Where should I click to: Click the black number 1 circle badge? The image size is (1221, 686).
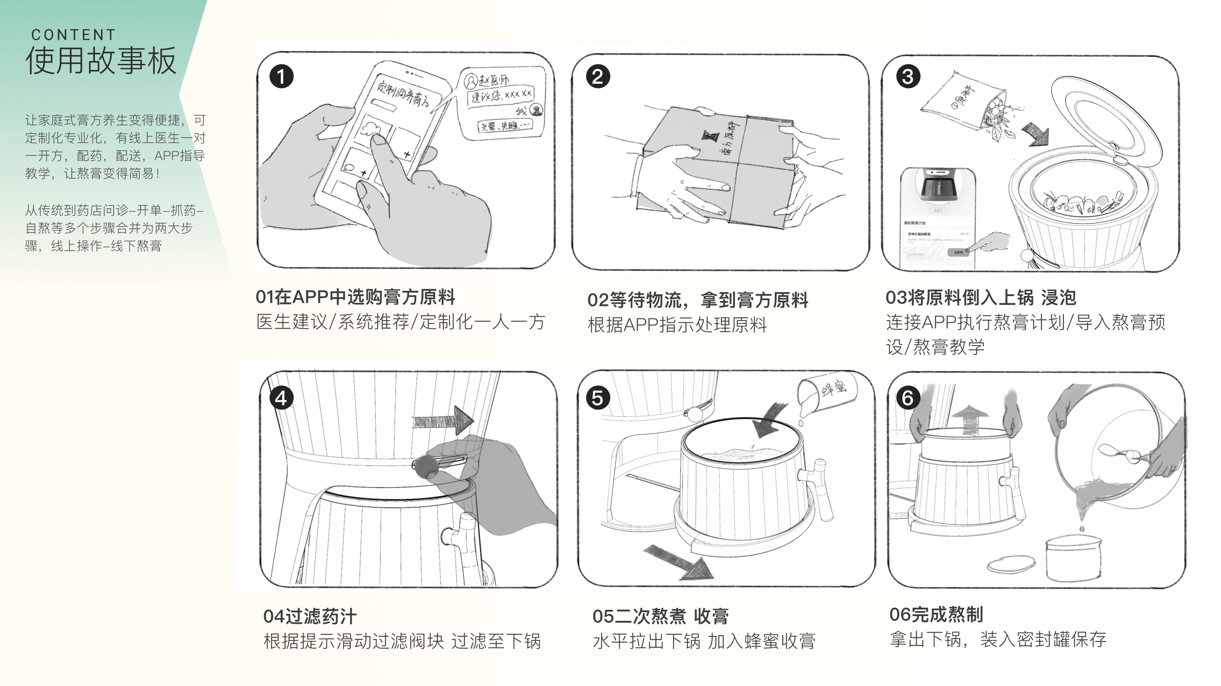(x=281, y=77)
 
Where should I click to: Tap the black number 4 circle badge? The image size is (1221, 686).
(x=281, y=398)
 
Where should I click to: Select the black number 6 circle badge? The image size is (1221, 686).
(x=908, y=398)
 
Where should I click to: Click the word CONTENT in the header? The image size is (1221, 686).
(x=73, y=35)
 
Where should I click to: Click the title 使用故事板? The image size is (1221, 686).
(x=101, y=61)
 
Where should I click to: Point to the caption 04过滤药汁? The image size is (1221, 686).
(x=309, y=617)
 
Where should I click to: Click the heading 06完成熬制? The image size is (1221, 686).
(x=936, y=614)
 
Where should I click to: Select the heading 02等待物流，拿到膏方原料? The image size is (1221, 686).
(x=697, y=300)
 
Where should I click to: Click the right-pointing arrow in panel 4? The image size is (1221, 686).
(x=443, y=420)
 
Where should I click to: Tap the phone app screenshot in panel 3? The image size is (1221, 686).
(x=937, y=218)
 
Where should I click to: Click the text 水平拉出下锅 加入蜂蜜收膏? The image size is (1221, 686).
(x=704, y=642)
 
